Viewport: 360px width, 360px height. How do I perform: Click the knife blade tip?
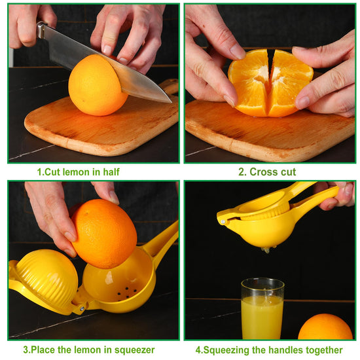click(171, 102)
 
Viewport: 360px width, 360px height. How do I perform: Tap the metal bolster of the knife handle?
click(41, 29)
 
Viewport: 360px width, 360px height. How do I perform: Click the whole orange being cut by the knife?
click(98, 85)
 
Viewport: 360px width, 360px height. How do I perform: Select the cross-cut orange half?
click(270, 83)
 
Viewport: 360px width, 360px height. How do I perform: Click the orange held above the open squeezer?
click(104, 234)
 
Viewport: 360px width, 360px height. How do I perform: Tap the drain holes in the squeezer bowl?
click(127, 291)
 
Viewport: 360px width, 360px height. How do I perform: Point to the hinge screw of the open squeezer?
click(82, 309)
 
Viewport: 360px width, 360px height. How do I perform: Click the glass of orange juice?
click(262, 308)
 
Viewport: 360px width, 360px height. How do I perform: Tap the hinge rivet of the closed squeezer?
click(223, 222)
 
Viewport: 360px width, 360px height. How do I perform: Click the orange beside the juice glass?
click(325, 327)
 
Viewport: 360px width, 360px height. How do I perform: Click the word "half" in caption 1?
click(111, 171)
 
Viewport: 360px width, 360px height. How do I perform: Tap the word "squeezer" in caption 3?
click(135, 350)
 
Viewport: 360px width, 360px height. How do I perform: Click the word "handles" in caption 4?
click(285, 350)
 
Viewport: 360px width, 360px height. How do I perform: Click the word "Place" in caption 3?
click(43, 350)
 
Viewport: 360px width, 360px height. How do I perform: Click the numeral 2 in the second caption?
click(242, 171)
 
